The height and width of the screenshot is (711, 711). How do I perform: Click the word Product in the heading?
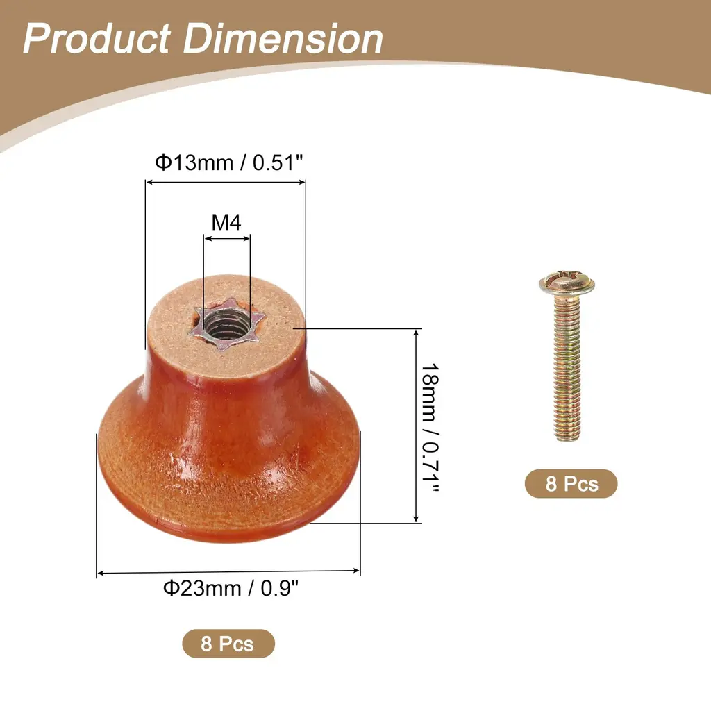coord(97,39)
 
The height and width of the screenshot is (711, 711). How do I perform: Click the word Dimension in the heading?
coord(283,39)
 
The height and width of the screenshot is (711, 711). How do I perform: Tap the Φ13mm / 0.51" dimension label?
coord(228,162)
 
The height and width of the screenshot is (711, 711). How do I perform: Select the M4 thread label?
coord(226,222)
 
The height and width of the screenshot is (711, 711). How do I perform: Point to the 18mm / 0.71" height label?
coord(430,427)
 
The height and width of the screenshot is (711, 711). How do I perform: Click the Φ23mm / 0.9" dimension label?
coord(231,588)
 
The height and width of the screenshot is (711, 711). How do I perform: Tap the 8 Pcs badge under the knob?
coord(228,644)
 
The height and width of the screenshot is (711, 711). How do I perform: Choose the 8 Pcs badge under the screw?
coord(571,483)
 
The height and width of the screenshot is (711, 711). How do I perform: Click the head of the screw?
coord(567,283)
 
